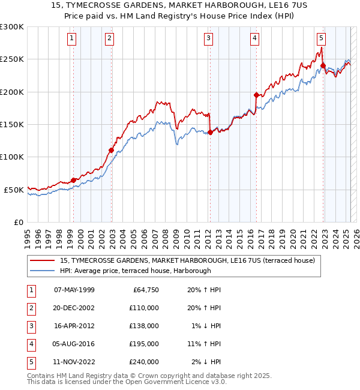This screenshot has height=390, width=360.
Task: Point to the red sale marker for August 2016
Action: (256, 95)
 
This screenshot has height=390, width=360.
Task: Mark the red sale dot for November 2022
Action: (323, 65)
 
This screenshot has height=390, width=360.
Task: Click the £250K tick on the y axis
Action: (12, 59)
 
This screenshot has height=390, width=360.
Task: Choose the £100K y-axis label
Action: (12, 157)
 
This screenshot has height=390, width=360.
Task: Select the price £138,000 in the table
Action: (145, 326)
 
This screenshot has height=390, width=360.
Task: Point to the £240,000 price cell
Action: (145, 362)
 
